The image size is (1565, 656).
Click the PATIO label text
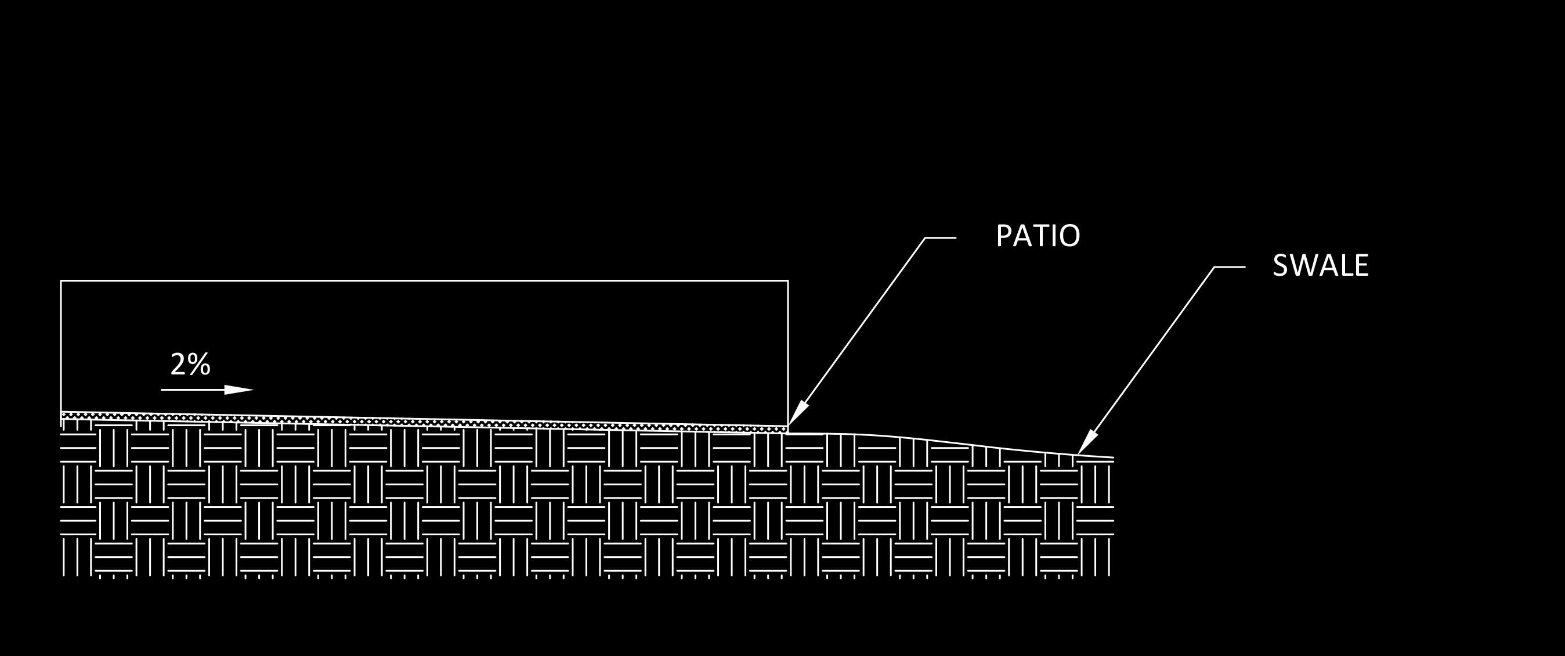click(x=1038, y=236)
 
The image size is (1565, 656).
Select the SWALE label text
click(x=1320, y=266)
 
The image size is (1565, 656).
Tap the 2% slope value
click(x=190, y=364)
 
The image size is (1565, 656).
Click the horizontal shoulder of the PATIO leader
click(x=941, y=237)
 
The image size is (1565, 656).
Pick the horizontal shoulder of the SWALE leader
click(x=1229, y=267)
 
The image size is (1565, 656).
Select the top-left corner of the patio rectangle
click(x=61, y=281)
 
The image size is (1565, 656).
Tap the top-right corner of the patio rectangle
click(x=788, y=281)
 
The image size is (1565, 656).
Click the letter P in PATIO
click(x=1003, y=236)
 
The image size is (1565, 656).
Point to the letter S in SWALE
click(x=1280, y=266)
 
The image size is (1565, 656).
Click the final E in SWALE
click(x=1361, y=266)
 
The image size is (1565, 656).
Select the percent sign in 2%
click(x=200, y=364)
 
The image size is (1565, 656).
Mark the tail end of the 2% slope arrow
click(x=161, y=390)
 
